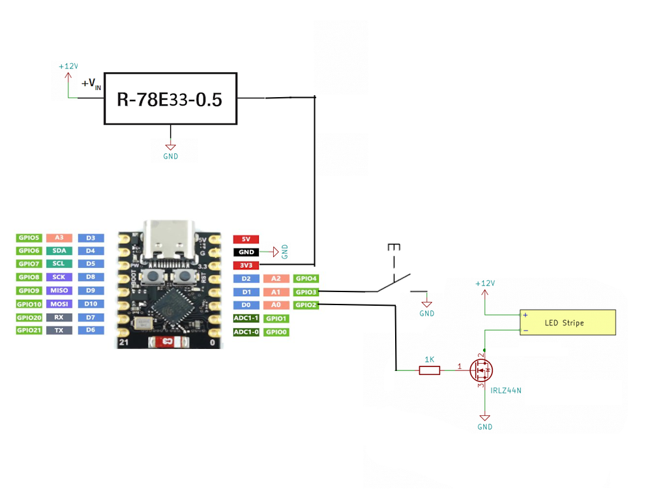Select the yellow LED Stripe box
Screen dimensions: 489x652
click(x=567, y=323)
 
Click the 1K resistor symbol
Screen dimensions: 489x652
click(x=429, y=370)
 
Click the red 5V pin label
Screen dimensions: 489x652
click(x=246, y=239)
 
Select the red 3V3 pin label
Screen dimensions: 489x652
click(x=246, y=265)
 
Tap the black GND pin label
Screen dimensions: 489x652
click(x=246, y=252)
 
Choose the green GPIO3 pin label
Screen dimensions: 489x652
click(x=305, y=292)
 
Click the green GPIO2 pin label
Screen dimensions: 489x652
click(x=305, y=305)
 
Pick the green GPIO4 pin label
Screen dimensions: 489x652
click(x=305, y=278)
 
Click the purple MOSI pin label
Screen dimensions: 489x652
click(x=59, y=304)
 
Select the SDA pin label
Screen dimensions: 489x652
click(x=59, y=251)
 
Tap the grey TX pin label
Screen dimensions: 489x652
click(x=59, y=331)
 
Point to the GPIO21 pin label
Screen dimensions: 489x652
click(x=29, y=331)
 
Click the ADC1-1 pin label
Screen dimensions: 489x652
click(x=246, y=319)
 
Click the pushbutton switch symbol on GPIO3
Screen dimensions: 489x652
click(x=394, y=280)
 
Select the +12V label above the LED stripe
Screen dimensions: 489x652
click(x=485, y=284)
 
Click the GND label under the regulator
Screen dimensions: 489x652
click(x=170, y=156)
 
